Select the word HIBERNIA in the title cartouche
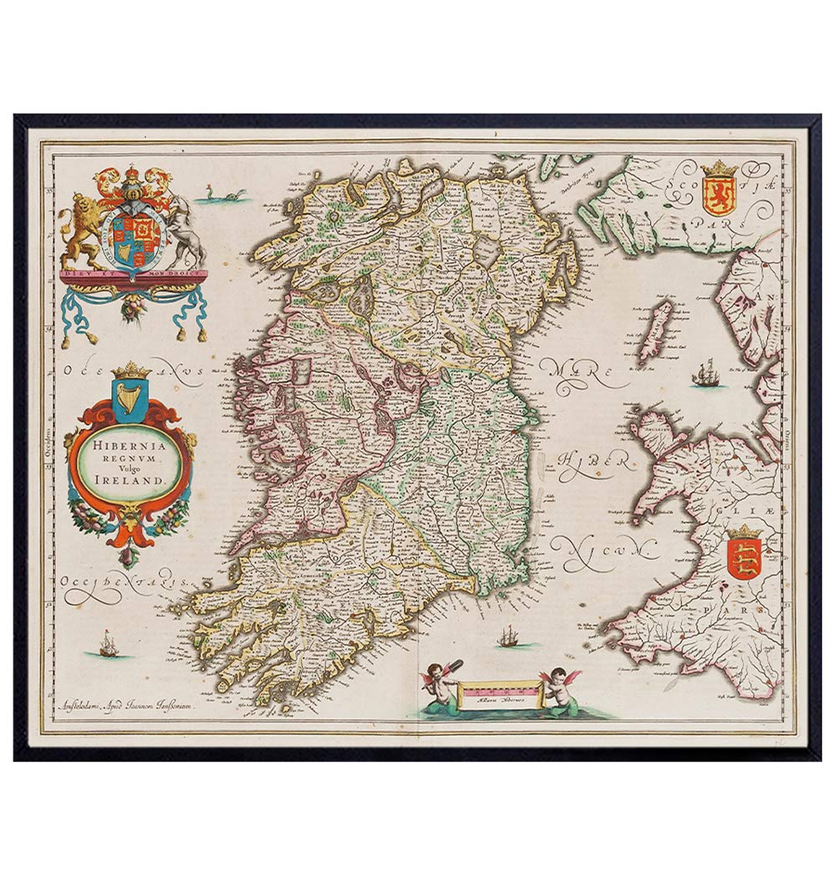130,447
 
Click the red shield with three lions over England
743,559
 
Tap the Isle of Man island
656,330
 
